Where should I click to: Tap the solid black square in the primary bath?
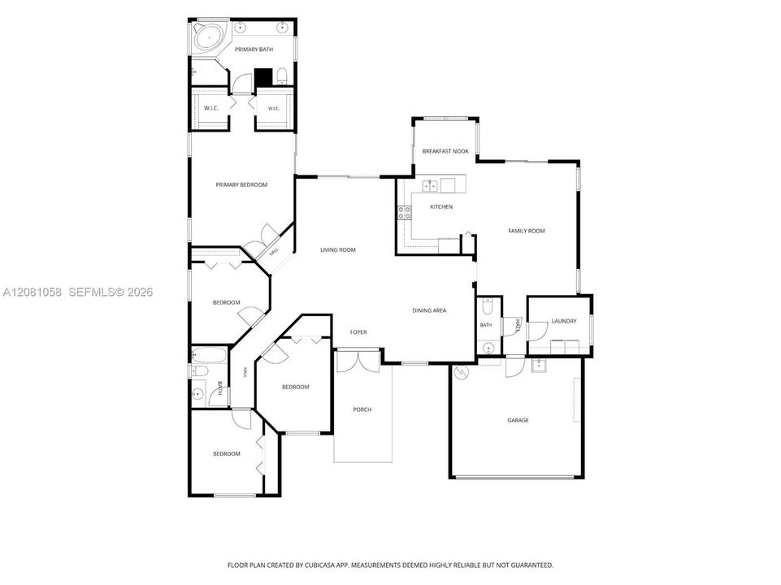tap(263, 76)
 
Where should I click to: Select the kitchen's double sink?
tap(430, 186)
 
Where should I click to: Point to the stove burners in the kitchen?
tap(405, 213)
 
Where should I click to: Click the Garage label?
tap(518, 420)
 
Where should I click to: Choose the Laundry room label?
tap(564, 321)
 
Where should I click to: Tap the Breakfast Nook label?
tap(445, 151)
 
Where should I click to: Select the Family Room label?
tap(527, 231)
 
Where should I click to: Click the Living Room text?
tap(338, 250)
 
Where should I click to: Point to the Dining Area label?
tap(429, 310)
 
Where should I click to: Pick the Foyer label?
tap(358, 332)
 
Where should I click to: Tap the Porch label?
tap(362, 409)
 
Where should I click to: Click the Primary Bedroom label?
tap(241, 184)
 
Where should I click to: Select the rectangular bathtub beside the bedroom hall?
tap(209, 356)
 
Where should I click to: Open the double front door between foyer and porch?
tap(358, 361)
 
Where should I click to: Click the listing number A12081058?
tap(33, 292)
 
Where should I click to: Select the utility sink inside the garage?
tap(539, 366)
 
